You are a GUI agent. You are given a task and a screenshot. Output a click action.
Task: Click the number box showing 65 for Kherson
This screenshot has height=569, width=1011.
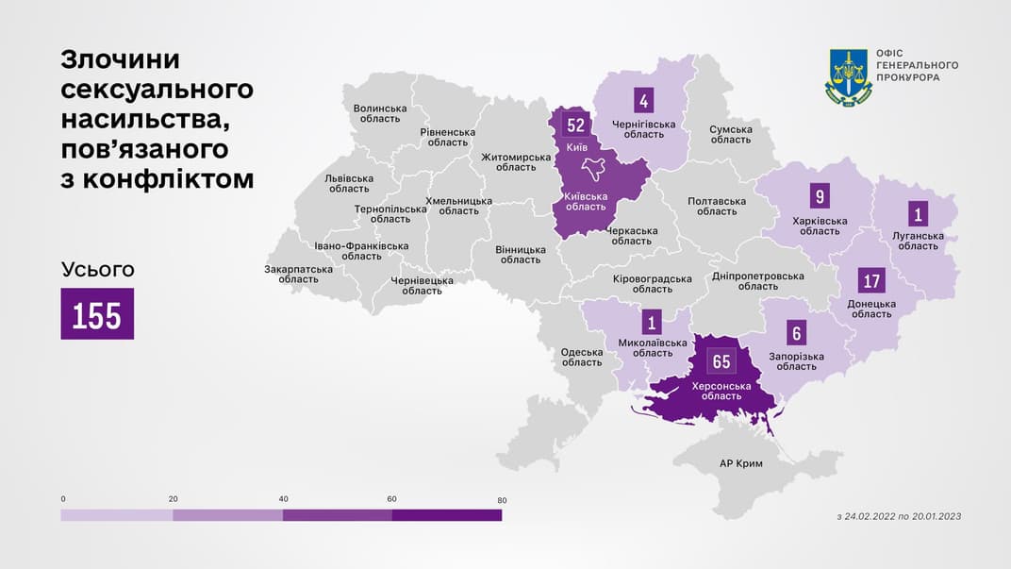(x=721, y=361)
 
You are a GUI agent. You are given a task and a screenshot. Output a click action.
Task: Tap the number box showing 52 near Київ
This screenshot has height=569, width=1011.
(x=575, y=126)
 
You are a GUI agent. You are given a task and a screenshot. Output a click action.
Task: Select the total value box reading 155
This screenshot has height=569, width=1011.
(x=97, y=314)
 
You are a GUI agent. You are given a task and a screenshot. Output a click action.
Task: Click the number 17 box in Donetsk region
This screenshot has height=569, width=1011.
(x=871, y=281)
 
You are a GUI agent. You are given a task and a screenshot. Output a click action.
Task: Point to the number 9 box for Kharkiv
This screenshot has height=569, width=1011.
(x=820, y=197)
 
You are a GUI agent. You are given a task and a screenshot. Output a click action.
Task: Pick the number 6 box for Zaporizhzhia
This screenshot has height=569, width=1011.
(x=798, y=332)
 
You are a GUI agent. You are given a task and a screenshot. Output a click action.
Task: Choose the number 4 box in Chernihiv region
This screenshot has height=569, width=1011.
(x=644, y=100)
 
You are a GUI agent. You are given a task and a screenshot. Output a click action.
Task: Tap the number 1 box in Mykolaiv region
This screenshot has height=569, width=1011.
(x=652, y=323)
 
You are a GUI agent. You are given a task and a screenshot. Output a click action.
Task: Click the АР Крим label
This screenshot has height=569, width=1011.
(x=740, y=463)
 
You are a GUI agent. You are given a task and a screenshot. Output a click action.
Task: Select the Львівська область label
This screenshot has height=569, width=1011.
(x=349, y=183)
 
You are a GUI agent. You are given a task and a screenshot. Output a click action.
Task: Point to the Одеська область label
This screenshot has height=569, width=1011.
(x=581, y=357)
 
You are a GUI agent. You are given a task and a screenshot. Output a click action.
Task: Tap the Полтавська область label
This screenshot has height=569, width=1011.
(x=717, y=206)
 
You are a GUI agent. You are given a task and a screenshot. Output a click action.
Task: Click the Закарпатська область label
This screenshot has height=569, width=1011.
(x=298, y=274)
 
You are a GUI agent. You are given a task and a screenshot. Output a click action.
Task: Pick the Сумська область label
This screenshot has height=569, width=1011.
(x=731, y=134)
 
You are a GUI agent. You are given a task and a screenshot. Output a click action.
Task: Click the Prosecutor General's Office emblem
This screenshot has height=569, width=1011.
(x=848, y=77)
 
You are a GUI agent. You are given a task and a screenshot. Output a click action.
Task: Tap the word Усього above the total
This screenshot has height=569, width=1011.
(x=97, y=269)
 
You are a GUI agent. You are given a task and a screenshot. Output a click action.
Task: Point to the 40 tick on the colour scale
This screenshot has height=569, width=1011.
(x=282, y=499)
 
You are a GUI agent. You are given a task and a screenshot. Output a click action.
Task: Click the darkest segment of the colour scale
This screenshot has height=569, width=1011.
(x=447, y=515)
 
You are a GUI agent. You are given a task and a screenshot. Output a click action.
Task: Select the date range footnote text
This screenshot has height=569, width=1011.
(x=898, y=516)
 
